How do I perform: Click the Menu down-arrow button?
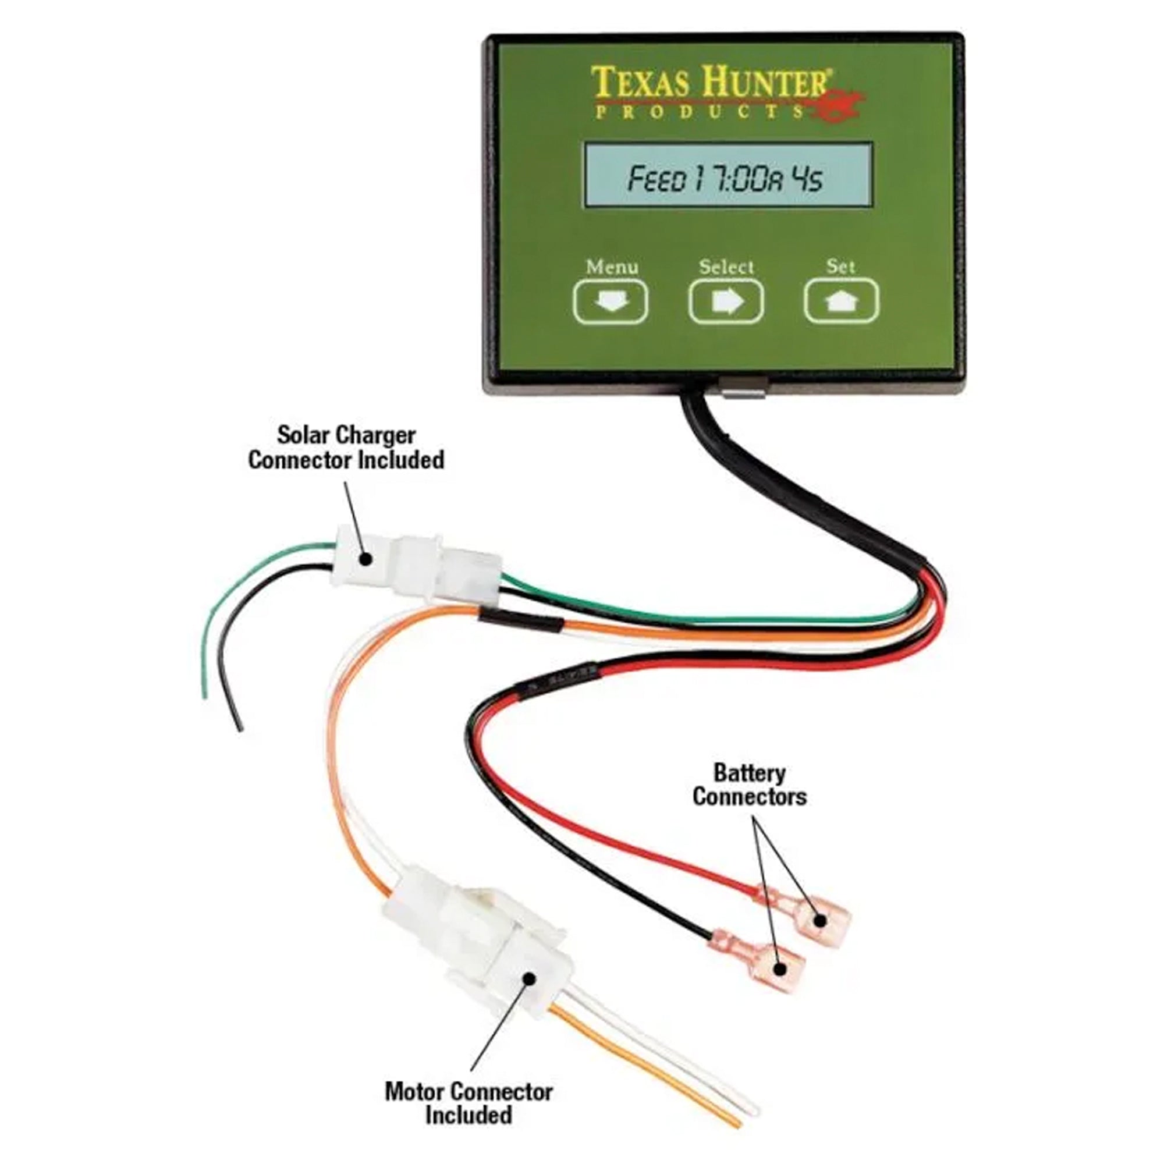pos(610,301)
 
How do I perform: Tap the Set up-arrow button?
pos(841,301)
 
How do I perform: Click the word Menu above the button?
pos(612,267)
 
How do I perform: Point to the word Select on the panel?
pos(726,267)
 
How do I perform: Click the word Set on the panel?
pos(840,266)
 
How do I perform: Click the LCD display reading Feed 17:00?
pos(726,176)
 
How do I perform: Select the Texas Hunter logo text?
pos(711,83)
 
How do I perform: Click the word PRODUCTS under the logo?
pos(699,113)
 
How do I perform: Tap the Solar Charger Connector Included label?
pos(346,447)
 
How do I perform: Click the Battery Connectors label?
pos(749,784)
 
